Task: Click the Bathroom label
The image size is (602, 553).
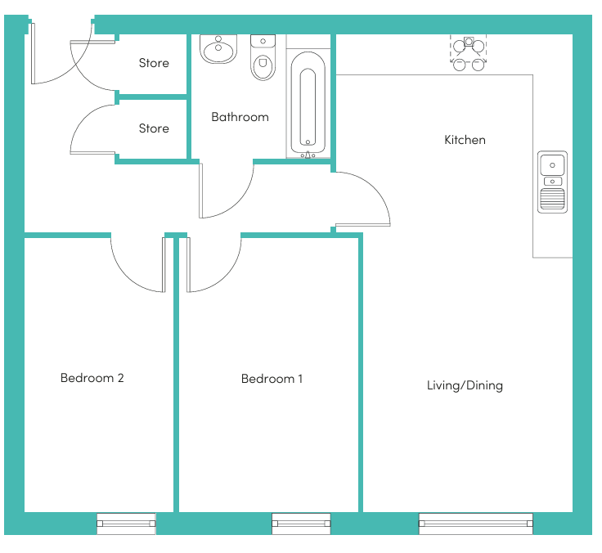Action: coord(240,117)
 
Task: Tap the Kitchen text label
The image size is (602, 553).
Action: coord(465,140)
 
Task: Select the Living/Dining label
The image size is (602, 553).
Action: coord(465,385)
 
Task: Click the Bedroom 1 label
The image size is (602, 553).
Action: coord(272,379)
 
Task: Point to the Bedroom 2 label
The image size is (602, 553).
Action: coord(92,378)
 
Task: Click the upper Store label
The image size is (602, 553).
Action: coord(154,63)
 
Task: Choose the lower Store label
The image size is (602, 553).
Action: coord(154,128)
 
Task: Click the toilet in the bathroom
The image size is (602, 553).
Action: coord(263,57)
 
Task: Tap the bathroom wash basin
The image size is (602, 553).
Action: coord(218,49)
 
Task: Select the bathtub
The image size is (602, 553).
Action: coord(308,103)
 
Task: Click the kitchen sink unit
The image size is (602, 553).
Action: coord(552,182)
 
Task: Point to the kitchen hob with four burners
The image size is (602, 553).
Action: coord(469,53)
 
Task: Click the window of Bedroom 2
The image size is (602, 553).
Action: coord(126,524)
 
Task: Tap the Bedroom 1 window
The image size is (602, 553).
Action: coord(301,524)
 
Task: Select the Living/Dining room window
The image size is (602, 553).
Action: coord(476,524)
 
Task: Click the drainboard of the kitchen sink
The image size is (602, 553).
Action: coord(552,199)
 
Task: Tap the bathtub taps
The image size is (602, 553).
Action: coord(308,155)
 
